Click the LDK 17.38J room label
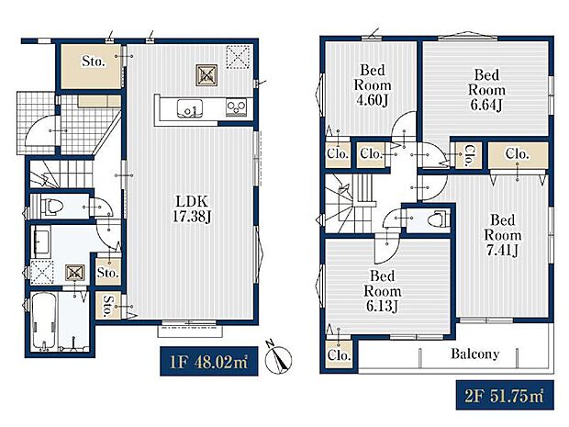point(192,209)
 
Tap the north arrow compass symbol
point(279,358)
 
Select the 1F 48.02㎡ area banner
point(209,361)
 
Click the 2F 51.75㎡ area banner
point(505,395)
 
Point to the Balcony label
point(474,354)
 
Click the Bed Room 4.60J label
point(373,85)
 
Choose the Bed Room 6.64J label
point(486,90)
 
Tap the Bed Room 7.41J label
point(503,235)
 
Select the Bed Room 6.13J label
point(383,291)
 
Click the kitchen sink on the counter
point(190,108)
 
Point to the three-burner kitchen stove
point(236,107)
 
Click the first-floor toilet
point(54,207)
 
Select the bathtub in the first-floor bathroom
point(44,320)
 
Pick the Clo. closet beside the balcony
point(339,354)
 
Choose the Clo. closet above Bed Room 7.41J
point(518,155)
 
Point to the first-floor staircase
point(61,174)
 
